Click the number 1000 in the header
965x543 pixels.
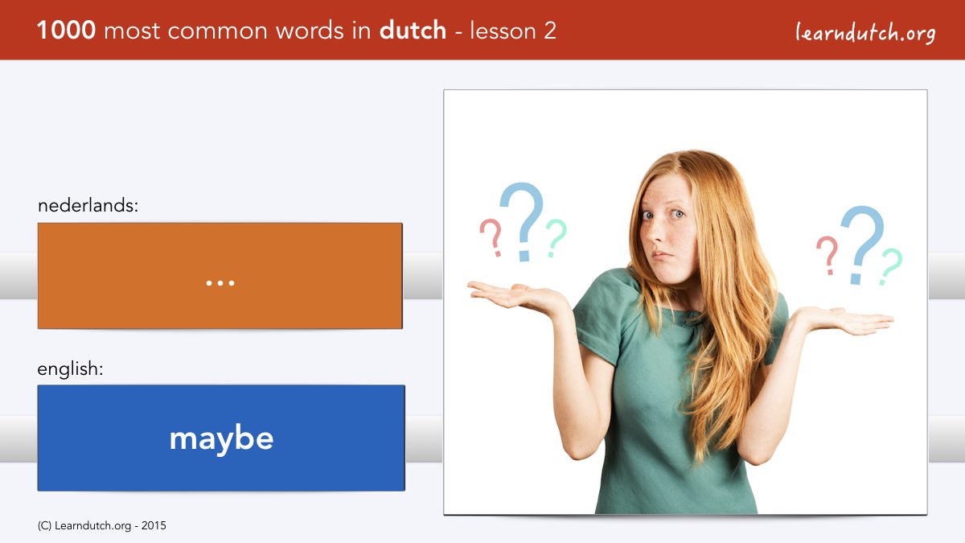66,31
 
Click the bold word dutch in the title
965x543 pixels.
413,30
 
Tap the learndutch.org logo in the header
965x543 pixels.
865,32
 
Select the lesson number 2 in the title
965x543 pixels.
549,31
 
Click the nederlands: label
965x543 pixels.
88,205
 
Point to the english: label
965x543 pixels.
70,369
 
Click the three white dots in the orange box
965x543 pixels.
220,283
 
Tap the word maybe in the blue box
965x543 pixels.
221,438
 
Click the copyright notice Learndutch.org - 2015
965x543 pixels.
101,526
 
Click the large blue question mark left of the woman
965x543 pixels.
523,220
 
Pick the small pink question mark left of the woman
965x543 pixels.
492,237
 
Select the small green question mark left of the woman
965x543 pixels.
556,238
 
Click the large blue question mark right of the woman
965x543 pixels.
860,245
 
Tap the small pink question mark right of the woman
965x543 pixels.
827,255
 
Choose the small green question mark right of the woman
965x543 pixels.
890,266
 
